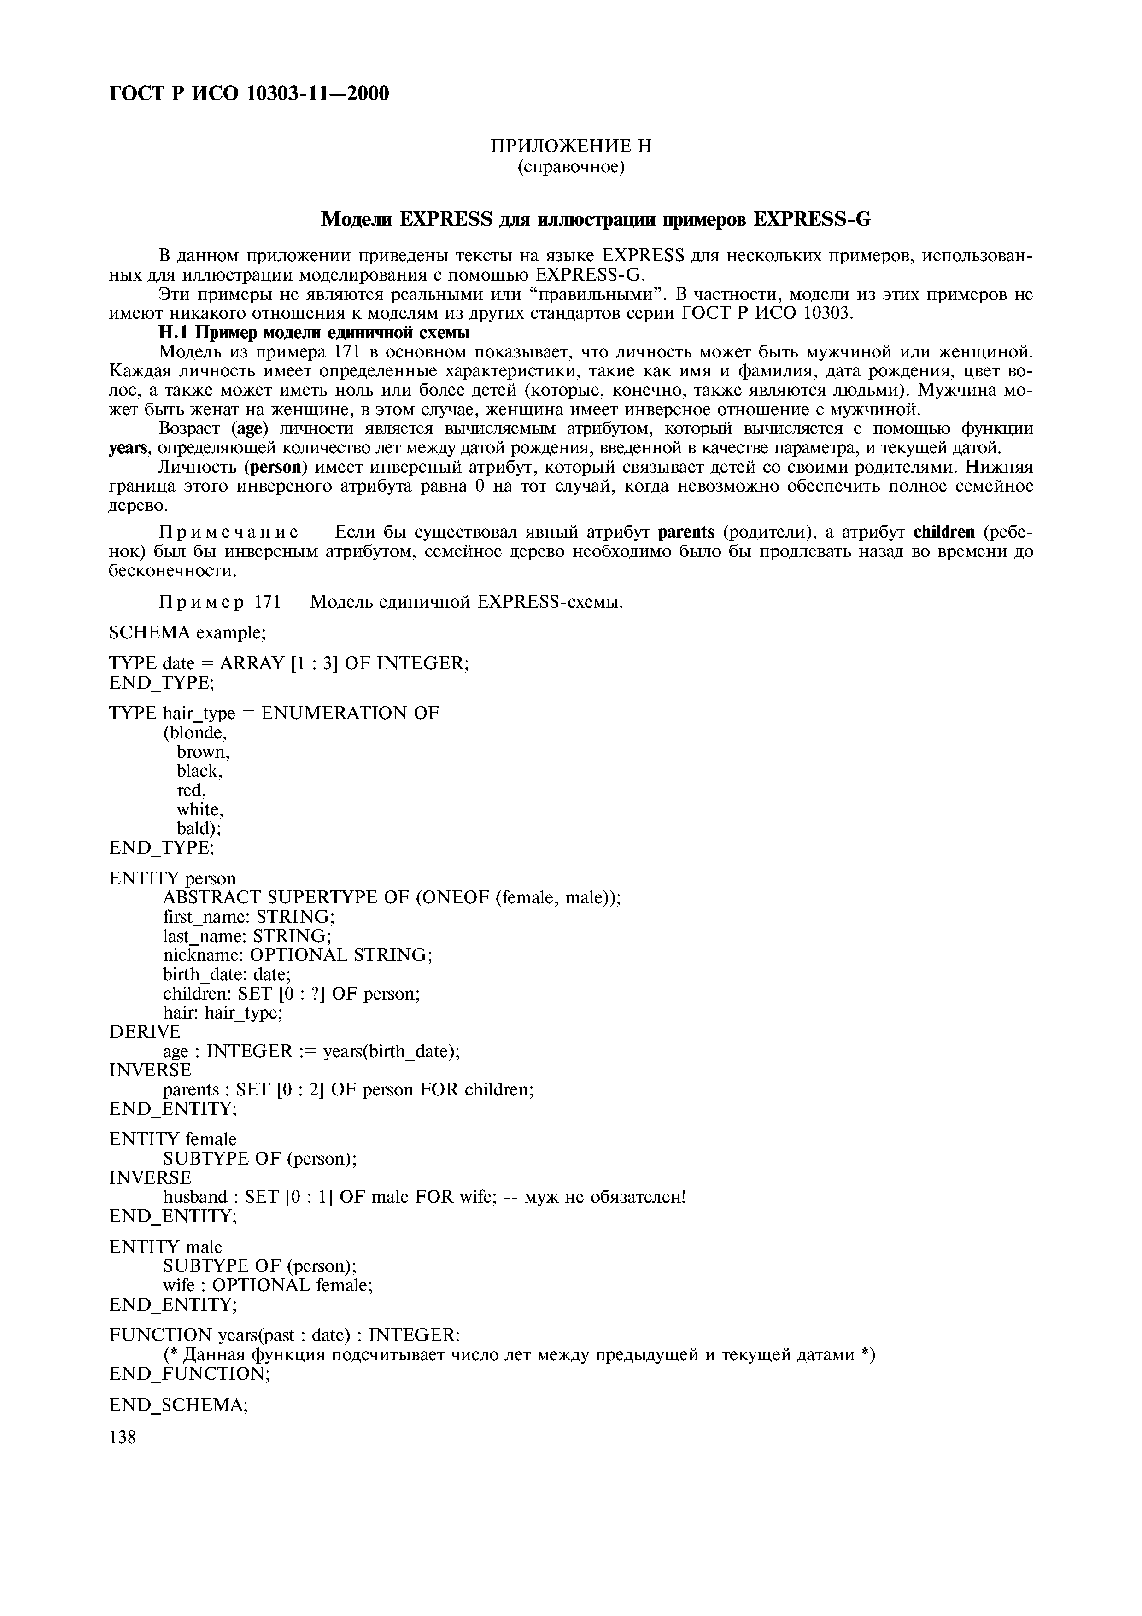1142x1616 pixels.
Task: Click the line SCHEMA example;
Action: pos(187,633)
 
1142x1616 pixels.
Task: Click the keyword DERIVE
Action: pos(145,1032)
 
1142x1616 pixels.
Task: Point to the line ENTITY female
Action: pos(173,1139)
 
